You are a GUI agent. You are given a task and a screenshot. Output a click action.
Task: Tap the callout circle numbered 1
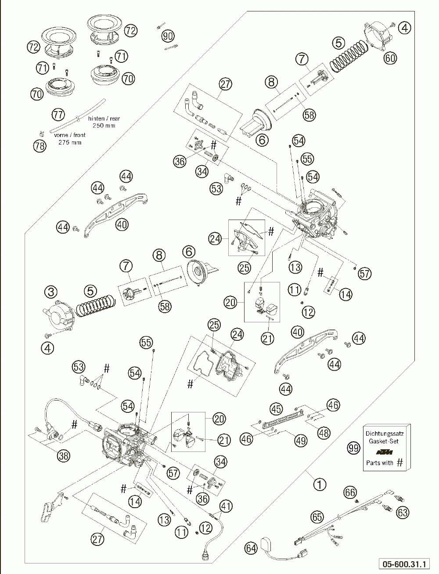click(x=320, y=484)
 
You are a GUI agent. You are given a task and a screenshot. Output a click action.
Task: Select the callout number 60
click(x=390, y=58)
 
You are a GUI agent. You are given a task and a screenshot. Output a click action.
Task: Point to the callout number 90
click(x=167, y=35)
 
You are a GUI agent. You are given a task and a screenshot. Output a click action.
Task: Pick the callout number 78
click(x=40, y=146)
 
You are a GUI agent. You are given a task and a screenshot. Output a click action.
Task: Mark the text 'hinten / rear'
click(x=104, y=118)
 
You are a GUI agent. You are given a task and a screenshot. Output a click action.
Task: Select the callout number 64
click(x=251, y=549)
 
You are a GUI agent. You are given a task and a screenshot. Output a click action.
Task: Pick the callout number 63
click(x=403, y=512)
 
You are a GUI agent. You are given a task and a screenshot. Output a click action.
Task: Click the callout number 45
click(x=276, y=408)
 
